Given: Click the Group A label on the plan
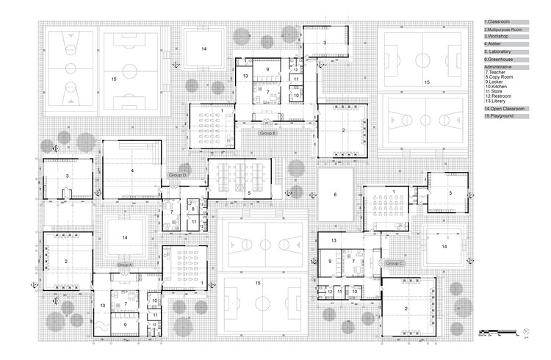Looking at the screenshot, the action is [125, 264].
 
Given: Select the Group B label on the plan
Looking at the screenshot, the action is [267, 134].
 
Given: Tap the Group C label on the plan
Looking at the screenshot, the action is [395, 263].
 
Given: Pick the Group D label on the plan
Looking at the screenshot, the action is [178, 176].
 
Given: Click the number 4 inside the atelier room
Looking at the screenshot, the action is [133, 170].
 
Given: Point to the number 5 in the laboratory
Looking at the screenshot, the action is [250, 192].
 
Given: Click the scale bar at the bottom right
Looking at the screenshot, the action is [496, 334].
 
